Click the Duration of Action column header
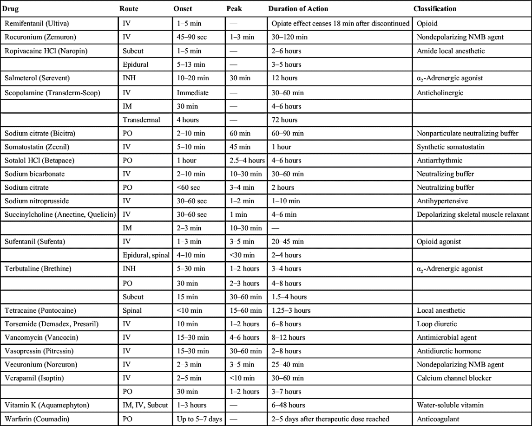coord(298,9)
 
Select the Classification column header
coord(435,9)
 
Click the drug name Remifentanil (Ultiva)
coord(37,24)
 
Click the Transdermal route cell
coord(141,120)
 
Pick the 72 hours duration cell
coord(284,120)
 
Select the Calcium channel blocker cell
coord(452,378)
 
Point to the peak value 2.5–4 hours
coord(247,160)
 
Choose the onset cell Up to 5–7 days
coord(199,419)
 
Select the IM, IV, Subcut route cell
coord(145,405)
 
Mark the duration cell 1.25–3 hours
coord(291,310)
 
